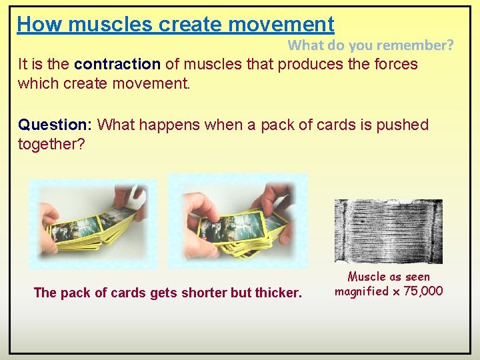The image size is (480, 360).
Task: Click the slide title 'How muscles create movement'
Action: coord(175,24)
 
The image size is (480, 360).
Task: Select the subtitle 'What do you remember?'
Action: coord(371,45)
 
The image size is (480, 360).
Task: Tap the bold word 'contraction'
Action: coord(117,65)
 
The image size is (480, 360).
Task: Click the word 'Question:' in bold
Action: coord(56,125)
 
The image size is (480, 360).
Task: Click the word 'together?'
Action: coord(51,144)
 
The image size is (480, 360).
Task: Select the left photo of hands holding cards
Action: coord(93,223)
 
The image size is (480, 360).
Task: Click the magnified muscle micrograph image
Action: coord(388,231)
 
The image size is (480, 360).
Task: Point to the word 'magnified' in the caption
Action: coord(361,291)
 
